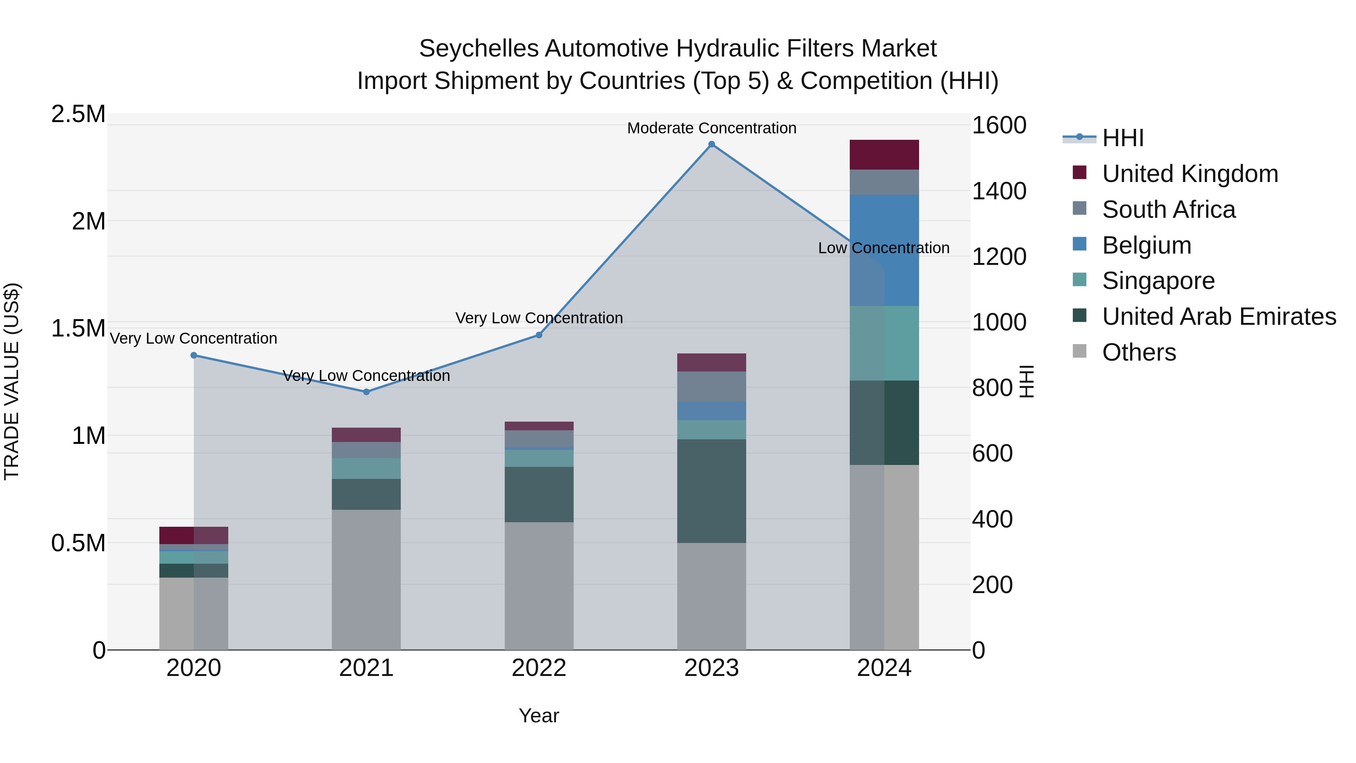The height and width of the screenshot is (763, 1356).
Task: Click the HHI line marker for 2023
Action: (x=711, y=144)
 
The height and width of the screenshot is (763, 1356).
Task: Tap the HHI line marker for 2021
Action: (x=366, y=392)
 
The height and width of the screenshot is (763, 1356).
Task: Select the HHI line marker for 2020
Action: (x=194, y=355)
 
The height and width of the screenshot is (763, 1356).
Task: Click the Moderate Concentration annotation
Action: (x=711, y=128)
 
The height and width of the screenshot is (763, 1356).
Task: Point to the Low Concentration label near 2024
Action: (x=883, y=248)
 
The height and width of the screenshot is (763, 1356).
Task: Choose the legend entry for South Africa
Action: (x=1168, y=209)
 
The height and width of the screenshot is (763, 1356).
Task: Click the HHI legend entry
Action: (x=1122, y=138)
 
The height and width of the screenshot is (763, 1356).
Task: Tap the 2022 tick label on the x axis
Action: (x=539, y=668)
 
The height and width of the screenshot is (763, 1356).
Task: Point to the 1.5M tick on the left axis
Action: (x=78, y=329)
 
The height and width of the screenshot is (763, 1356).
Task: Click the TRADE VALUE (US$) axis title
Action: (x=12, y=381)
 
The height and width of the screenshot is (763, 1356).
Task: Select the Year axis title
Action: (x=539, y=716)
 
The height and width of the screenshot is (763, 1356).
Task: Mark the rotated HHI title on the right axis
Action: (x=1026, y=381)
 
